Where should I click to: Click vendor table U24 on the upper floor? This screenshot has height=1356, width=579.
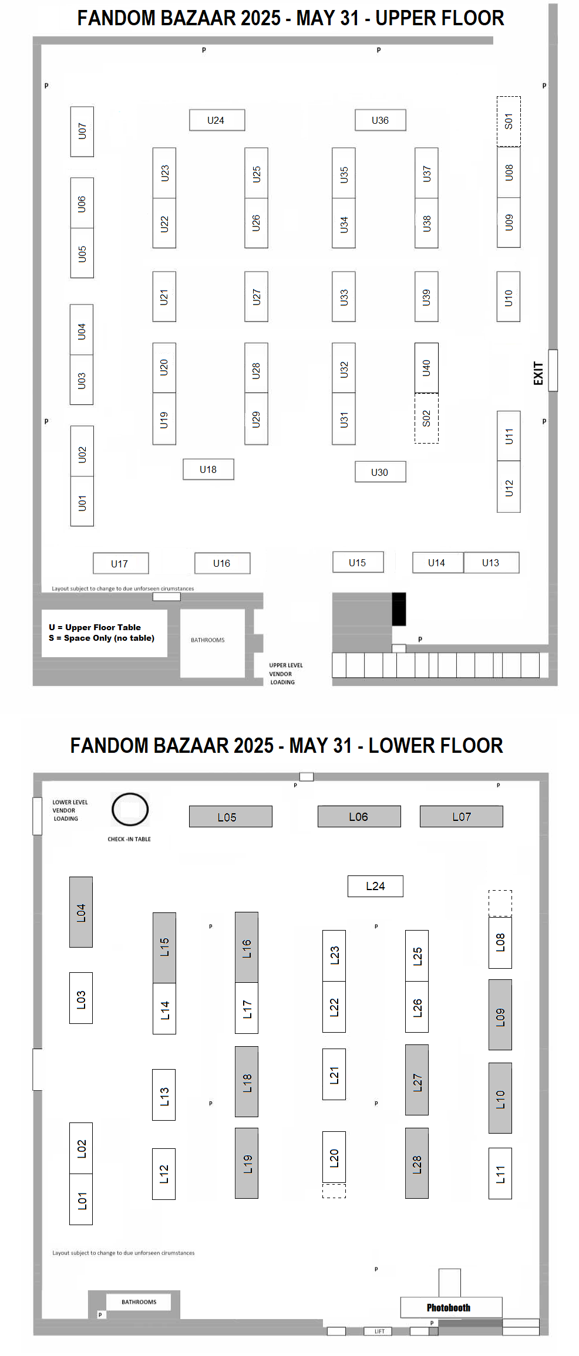(217, 120)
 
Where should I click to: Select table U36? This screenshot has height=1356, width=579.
(380, 120)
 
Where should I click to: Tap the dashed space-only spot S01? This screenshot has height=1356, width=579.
(509, 121)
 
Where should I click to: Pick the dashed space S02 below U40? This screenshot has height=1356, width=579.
(426, 418)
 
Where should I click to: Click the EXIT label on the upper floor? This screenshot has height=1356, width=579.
(538, 373)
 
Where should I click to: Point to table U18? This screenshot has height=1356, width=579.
(208, 469)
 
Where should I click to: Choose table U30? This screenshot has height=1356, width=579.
(380, 472)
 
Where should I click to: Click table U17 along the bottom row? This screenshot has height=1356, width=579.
(120, 563)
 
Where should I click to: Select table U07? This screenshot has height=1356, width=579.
(82, 131)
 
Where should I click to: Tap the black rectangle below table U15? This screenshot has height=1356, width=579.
(399, 608)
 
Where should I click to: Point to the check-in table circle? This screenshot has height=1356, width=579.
(130, 810)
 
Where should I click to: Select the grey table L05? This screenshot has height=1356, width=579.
(230, 817)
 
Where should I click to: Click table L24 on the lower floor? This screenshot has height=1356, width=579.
(375, 886)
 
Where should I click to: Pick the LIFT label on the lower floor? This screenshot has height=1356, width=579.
(379, 1331)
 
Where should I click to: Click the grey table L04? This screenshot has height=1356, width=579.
(81, 912)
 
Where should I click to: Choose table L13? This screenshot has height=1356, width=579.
(164, 1095)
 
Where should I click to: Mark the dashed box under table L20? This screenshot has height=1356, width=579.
(334, 1191)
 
